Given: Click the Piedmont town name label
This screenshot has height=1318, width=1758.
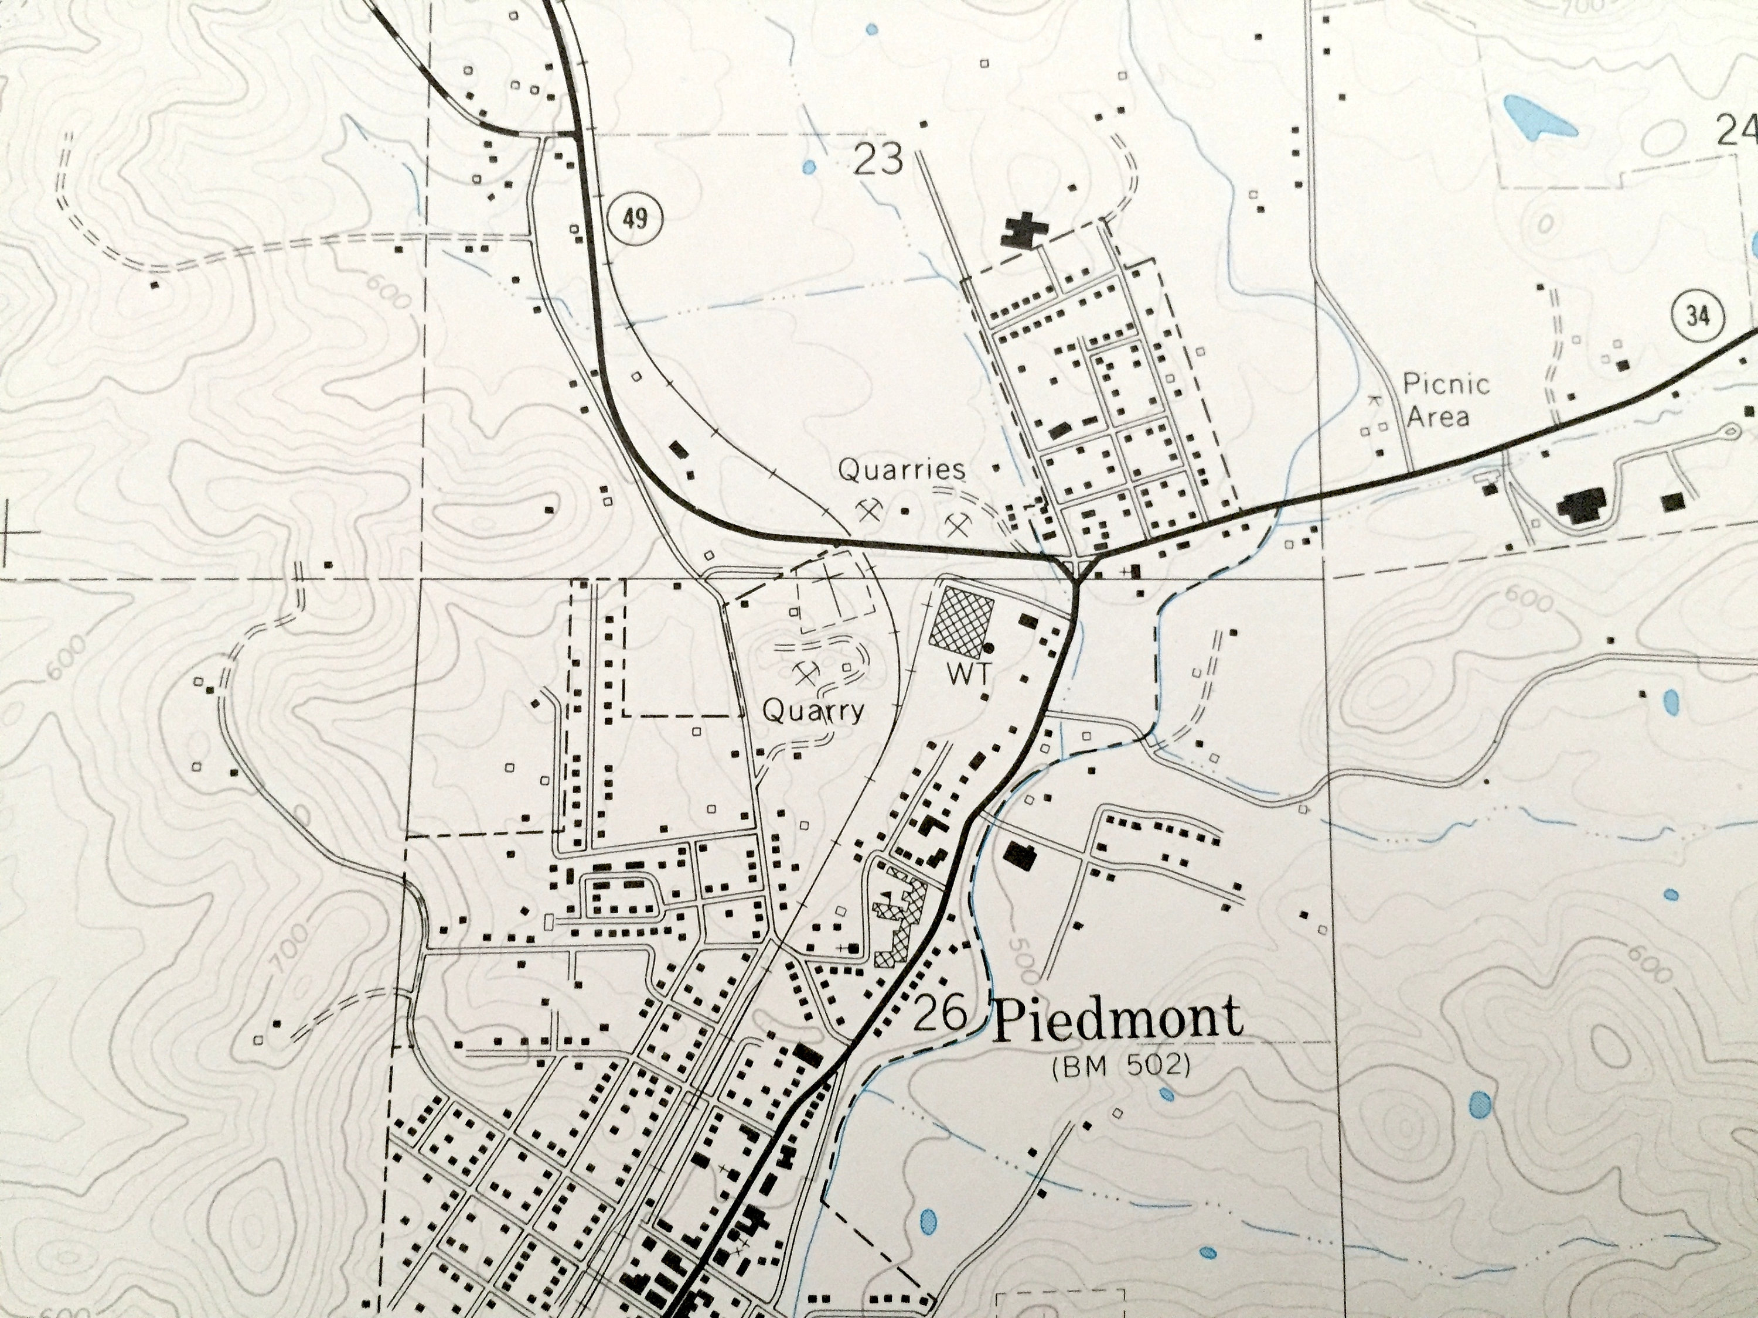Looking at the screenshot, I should [x=1117, y=1019].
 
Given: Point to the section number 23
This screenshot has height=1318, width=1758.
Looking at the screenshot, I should [x=878, y=160].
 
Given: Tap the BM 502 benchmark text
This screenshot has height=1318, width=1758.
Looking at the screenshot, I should [x=1120, y=1067].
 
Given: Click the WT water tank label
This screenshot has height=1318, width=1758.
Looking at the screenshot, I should [x=969, y=674].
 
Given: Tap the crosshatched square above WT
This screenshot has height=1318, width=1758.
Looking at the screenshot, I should [x=962, y=616].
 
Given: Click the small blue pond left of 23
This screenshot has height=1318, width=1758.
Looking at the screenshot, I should [x=809, y=167].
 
